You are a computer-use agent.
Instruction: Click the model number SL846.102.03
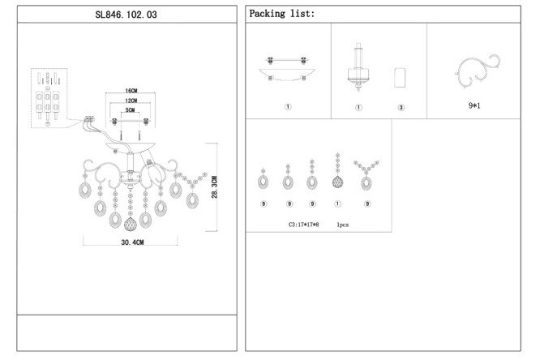[126, 15]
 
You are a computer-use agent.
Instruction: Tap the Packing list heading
[281, 14]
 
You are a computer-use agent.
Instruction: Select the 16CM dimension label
[131, 91]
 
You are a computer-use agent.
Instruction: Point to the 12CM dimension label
[131, 101]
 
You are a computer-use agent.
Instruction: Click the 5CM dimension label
[131, 110]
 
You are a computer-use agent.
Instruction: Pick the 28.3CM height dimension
[215, 187]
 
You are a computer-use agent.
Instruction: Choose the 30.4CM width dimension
[132, 242]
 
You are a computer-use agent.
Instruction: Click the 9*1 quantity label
[474, 105]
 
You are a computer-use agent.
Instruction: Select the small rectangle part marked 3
[400, 78]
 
